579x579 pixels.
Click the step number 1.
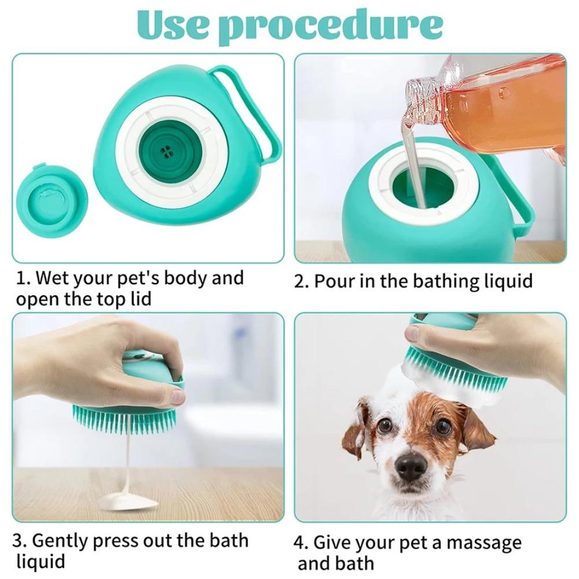pos(21,278)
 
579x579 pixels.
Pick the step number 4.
pos(300,544)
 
